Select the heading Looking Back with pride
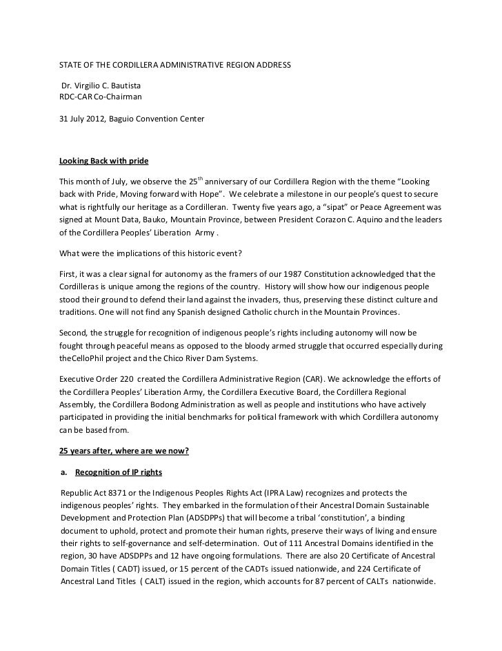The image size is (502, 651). pyautogui.click(x=104, y=161)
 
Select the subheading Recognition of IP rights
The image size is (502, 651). pyautogui.click(x=119, y=473)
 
